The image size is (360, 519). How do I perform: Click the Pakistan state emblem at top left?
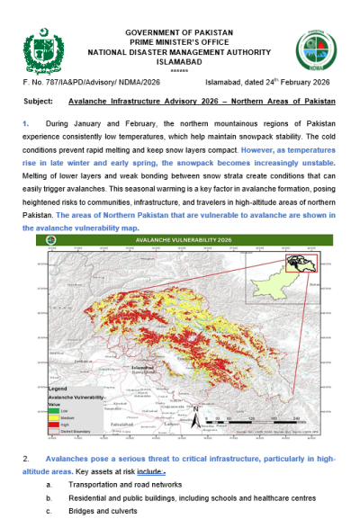click(x=41, y=47)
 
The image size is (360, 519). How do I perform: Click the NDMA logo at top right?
click(x=314, y=47)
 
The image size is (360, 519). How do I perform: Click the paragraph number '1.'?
click(x=26, y=120)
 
